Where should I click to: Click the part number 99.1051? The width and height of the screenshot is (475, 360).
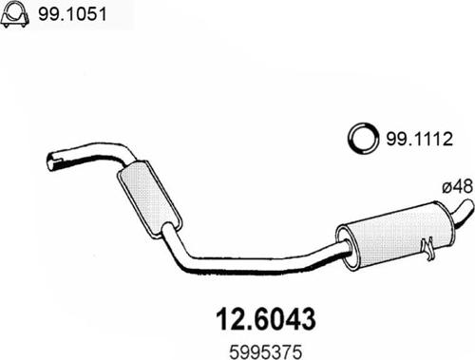coord(72,14)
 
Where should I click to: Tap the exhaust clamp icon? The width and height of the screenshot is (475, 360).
coord(14,14)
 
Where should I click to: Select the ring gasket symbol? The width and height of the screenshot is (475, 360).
coord(363,138)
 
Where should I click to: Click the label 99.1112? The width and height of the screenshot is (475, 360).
coord(420,139)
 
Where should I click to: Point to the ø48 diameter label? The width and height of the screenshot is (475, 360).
coord(458,186)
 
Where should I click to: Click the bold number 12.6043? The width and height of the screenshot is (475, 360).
coord(266,319)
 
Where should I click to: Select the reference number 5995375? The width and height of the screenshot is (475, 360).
coord(265,351)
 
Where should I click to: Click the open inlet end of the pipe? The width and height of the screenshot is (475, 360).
coord(52,161)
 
